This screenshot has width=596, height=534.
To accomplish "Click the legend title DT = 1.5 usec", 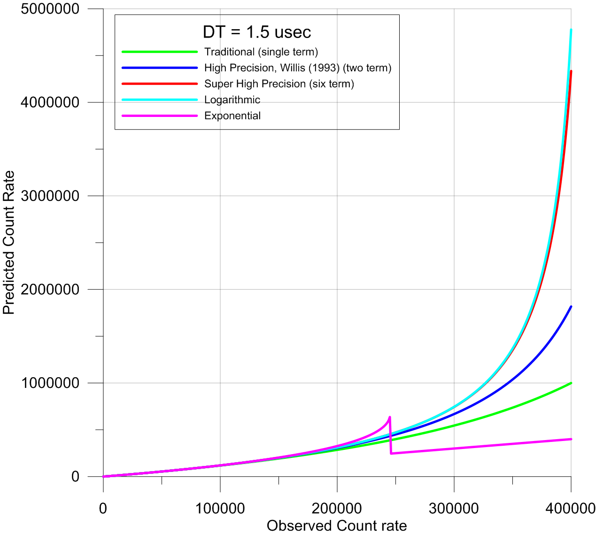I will point(257,32).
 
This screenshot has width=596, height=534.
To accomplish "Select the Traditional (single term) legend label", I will point(261,52).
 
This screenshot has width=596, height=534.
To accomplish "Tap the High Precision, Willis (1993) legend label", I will point(298,68).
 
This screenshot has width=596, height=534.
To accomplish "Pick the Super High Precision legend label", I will point(279,84).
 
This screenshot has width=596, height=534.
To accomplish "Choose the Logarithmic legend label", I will point(232,100).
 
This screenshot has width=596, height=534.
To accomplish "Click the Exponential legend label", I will point(232,116).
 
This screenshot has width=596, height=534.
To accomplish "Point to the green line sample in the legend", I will point(160,52).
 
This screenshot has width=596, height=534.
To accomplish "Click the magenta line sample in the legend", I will point(160,116).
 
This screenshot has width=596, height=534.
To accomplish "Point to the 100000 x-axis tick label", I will point(220,508).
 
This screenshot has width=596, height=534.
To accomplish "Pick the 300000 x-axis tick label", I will point(454,508).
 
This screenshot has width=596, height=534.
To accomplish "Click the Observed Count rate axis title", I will point(337,526).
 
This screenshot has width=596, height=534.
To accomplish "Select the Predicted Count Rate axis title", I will point(9,242).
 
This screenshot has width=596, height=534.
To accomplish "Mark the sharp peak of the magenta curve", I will point(390,417).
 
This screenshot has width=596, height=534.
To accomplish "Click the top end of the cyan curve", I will point(571,30).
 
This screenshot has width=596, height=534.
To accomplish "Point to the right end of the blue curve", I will point(571,307).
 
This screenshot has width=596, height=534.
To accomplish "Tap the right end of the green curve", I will point(571,383).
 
